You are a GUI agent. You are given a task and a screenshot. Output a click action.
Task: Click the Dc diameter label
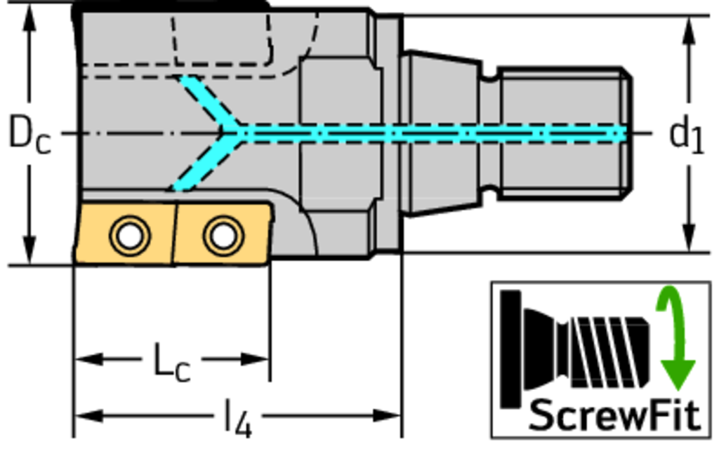29,133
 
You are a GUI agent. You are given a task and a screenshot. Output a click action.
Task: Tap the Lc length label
171,362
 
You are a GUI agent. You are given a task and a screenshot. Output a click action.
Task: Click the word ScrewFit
614,415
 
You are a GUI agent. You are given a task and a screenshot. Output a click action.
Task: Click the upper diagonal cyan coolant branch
207,102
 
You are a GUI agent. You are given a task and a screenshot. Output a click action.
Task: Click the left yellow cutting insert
125,235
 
